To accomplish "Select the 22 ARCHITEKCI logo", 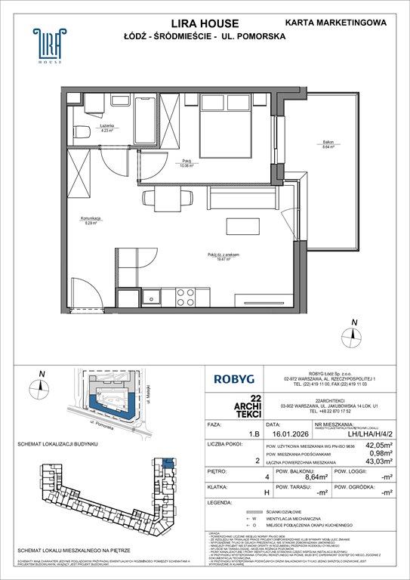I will click(x=234, y=409).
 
